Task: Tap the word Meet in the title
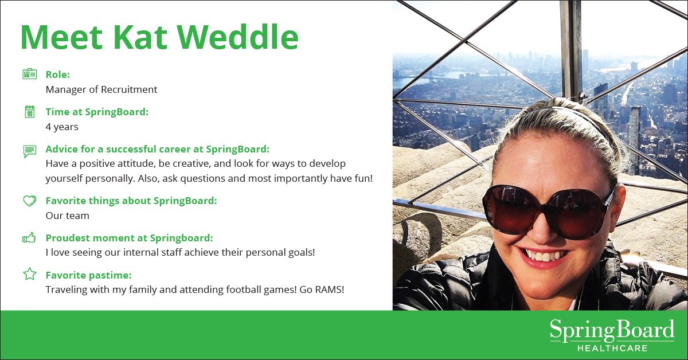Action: coord(61,37)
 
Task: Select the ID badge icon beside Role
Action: coord(30,74)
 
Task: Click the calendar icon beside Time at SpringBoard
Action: coord(30,112)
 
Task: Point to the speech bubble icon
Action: coord(30,151)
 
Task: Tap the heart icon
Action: coord(30,201)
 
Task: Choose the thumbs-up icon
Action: coord(29,238)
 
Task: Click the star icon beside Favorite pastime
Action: coord(30,274)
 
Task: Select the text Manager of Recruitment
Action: coord(101,89)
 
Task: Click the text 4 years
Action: coord(62,127)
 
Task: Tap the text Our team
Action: coord(68,216)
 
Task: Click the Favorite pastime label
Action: coord(88,275)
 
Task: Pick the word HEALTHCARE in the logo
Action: coord(612,348)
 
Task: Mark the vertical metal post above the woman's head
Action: coord(570,49)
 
